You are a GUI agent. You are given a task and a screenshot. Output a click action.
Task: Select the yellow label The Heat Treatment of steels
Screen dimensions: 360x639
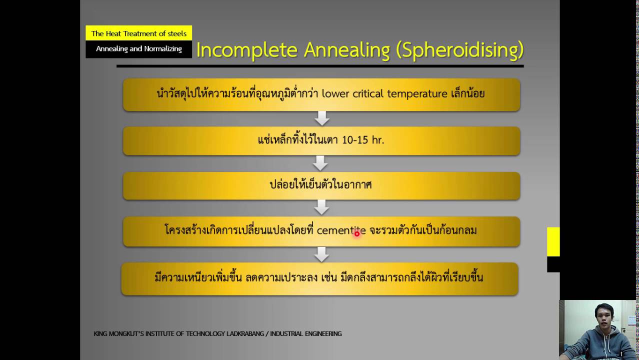coord(138,33)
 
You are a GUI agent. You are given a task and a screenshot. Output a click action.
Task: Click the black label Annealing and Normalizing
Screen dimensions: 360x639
coord(138,49)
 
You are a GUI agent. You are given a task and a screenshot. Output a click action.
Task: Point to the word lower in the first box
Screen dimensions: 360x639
coord(335,93)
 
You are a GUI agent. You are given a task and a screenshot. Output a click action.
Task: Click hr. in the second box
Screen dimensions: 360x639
coord(377,140)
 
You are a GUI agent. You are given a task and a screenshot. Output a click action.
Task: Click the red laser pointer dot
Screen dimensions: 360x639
coord(357,233)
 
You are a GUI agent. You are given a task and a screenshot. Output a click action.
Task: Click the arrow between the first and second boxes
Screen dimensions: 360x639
coord(322,118)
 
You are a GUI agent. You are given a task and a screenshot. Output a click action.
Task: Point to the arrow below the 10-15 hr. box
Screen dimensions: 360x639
coord(320,163)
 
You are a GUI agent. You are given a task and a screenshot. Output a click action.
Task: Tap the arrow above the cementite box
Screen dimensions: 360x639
coord(322,207)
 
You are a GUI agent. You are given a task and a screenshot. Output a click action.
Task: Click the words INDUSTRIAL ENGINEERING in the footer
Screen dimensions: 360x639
coord(306,333)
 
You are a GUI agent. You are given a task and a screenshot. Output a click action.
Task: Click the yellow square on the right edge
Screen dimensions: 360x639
coord(553,241)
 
